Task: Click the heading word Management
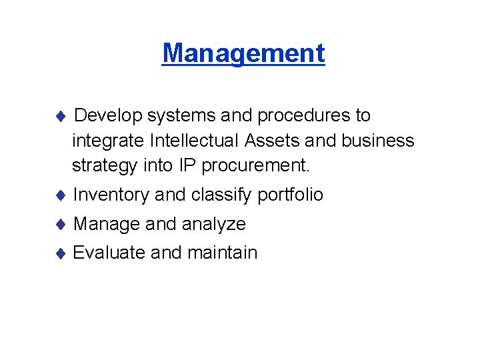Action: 243,53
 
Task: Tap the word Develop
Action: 108,116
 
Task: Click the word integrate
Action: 109,141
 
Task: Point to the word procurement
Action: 258,165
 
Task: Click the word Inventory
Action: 111,195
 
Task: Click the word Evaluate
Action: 109,253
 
